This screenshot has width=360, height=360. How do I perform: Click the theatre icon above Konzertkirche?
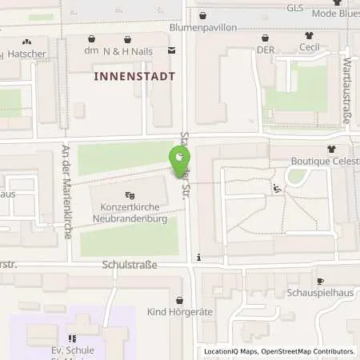point(129,195)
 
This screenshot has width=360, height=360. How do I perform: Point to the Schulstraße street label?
point(129,264)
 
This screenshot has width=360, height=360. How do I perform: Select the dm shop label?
point(90,50)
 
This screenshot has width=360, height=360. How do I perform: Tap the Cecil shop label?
point(310,47)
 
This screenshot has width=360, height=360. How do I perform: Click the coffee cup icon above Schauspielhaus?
point(320,282)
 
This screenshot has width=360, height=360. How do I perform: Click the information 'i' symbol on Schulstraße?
point(198,258)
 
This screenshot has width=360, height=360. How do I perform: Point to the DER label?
point(266,49)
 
